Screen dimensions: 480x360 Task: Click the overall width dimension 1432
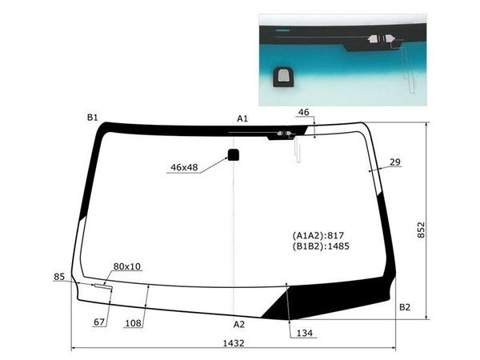(x=234, y=343)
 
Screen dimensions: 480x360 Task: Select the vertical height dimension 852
(x=422, y=230)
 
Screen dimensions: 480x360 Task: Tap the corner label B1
(x=93, y=118)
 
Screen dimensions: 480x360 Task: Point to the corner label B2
(x=405, y=307)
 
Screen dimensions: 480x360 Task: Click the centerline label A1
(x=242, y=118)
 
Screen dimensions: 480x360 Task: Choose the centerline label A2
(x=239, y=324)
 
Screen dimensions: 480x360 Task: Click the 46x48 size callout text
(x=184, y=167)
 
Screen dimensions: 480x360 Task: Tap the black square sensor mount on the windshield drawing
(x=234, y=155)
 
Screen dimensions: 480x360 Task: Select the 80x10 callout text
(x=127, y=266)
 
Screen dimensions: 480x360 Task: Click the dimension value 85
(x=59, y=277)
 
